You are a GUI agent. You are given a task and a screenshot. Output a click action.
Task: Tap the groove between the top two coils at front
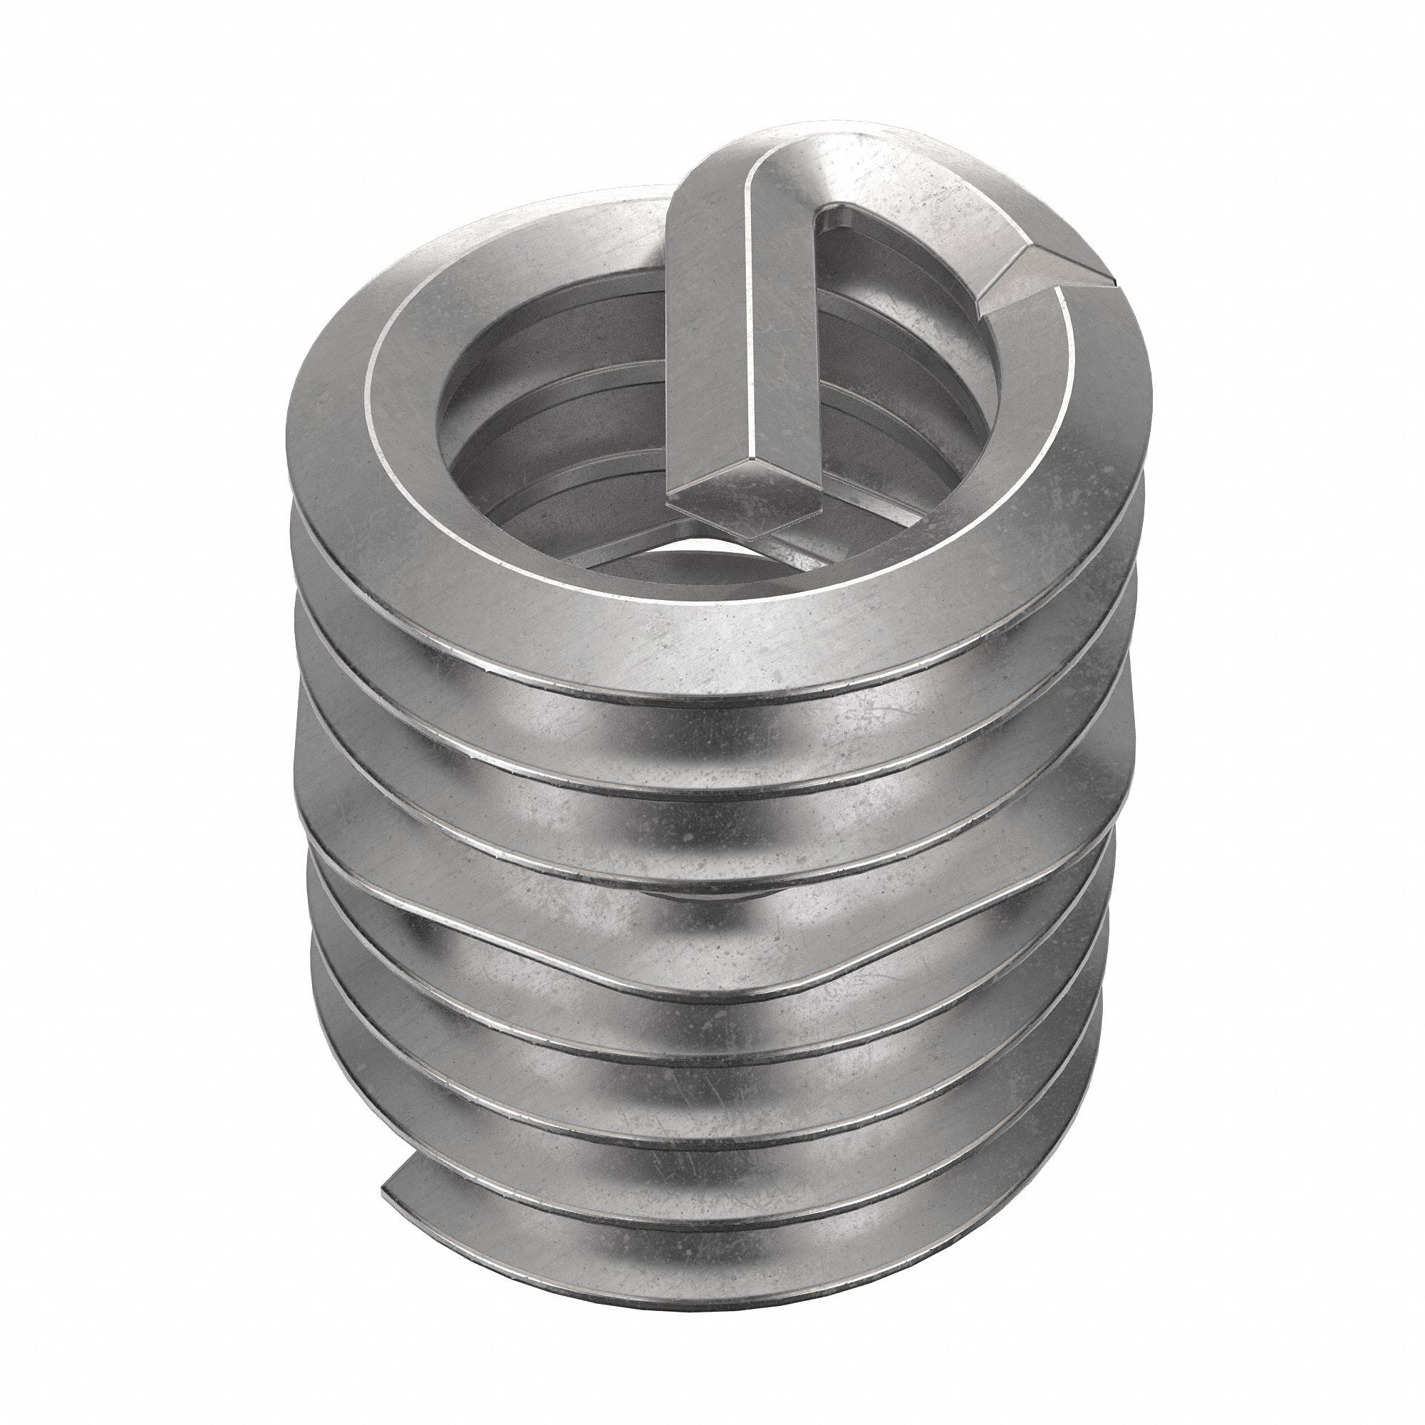pyautogui.click(x=708, y=708)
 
